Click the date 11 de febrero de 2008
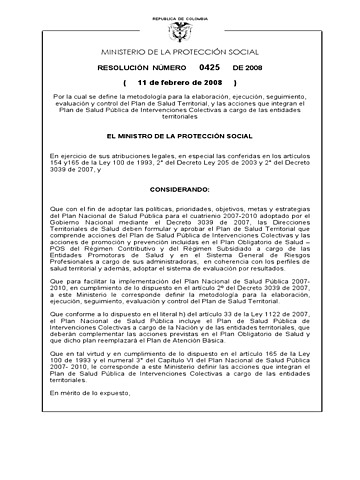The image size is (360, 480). (180, 81)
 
